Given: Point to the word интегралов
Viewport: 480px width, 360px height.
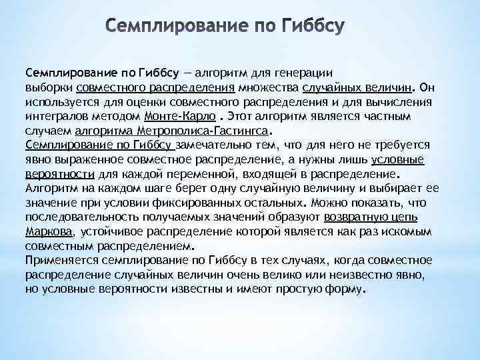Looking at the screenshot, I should click(x=55, y=116).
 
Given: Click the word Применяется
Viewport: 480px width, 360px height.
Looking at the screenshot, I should click(x=58, y=260).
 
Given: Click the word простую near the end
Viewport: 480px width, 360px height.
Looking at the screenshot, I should click(x=301, y=289).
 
